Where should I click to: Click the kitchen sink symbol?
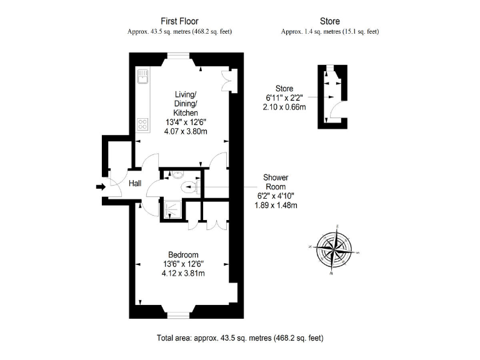(142, 76)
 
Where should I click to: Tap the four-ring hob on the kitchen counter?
(142, 124)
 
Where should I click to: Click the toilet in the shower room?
(189, 186)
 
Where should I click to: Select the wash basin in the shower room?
(177, 174)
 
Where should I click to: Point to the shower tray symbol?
(170, 209)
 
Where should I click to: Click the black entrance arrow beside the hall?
(100, 186)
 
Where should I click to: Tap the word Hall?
(135, 184)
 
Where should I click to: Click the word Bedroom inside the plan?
(183, 254)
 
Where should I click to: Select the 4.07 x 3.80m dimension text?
(185, 131)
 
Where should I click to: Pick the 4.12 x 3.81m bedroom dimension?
(183, 273)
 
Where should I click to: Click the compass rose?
(336, 249)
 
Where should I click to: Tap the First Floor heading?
(179, 21)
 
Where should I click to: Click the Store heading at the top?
(329, 21)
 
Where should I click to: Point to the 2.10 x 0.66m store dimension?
(284, 107)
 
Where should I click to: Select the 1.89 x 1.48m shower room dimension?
(275, 204)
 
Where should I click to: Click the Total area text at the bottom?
(240, 338)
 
